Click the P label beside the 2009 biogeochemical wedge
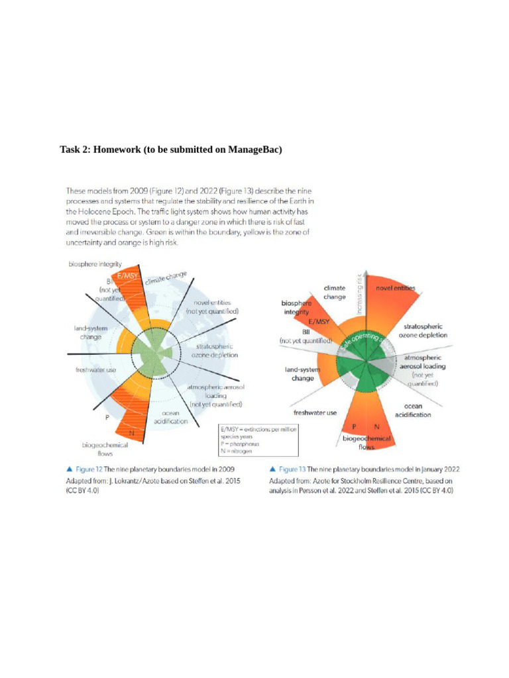point(106,418)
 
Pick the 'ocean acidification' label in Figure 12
point(171,416)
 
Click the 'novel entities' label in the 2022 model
point(396,288)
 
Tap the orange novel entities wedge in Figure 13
point(391,311)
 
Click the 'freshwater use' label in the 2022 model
point(315,412)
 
